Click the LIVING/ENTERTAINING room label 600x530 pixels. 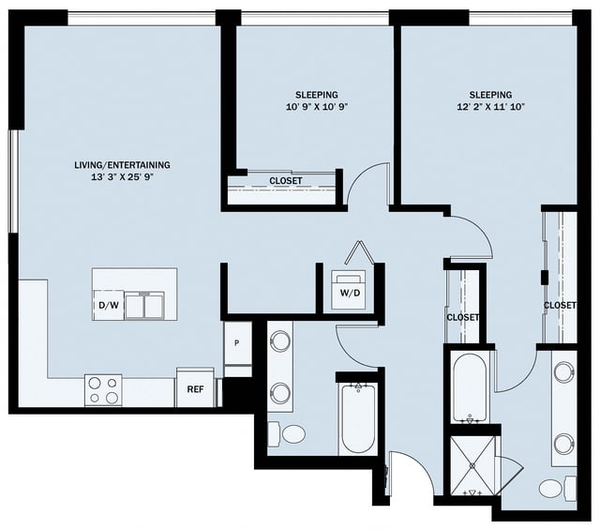point(123,165)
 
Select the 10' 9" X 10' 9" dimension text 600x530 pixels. point(317,107)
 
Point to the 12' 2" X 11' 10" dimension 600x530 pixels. point(490,107)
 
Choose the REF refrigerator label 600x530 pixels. point(195,389)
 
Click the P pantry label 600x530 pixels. point(237,343)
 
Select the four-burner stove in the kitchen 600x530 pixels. point(103,389)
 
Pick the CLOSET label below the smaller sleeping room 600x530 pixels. point(286,181)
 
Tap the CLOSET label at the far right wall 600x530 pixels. point(560,306)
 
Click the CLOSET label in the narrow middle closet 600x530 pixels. point(462,318)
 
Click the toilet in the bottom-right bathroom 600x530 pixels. point(551,488)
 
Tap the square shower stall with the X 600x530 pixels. point(473,466)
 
